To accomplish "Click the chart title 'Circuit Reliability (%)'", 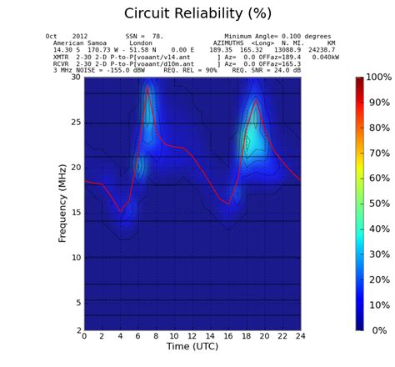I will [x=197, y=13].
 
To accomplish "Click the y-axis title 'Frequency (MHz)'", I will [x=62, y=204].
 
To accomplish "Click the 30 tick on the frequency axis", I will [x=76, y=78].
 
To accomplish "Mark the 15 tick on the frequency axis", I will [x=76, y=213].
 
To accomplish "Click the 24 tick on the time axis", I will [x=301, y=336].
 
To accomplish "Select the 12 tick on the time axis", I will [x=192, y=336].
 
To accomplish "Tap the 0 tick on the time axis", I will [x=84, y=336].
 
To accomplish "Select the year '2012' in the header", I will [x=79, y=37].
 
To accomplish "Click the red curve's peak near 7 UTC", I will [x=147, y=85].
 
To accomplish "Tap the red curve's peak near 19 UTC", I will [x=256, y=99].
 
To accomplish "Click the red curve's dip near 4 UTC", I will [x=121, y=211].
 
